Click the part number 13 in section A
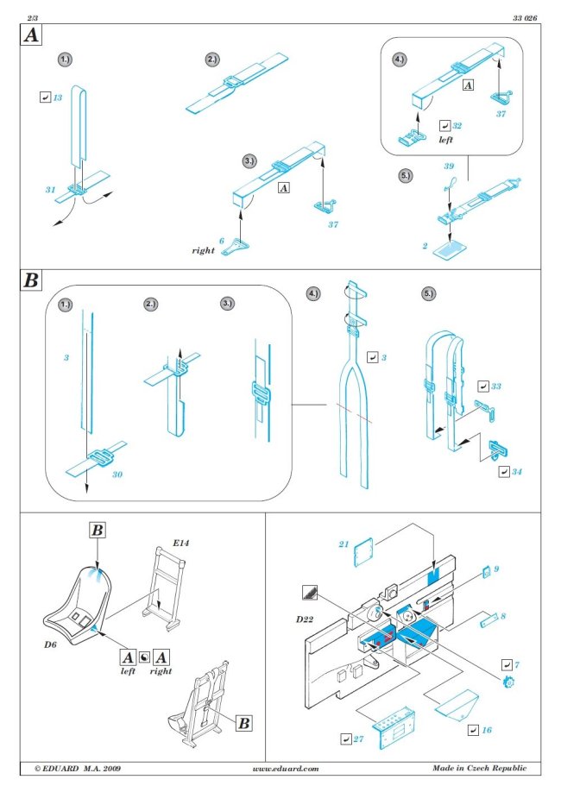58,98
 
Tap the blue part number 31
51,188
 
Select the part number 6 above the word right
221,241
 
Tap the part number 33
495,386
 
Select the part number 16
488,730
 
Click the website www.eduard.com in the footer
286,768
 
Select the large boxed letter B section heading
30,281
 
